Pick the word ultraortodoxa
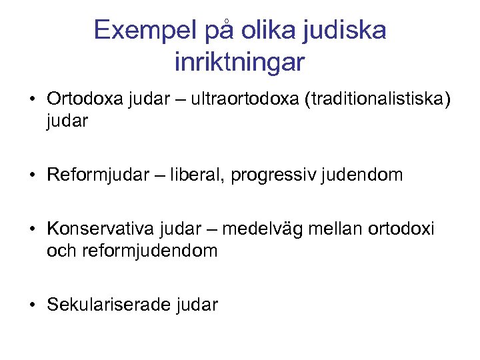tap(243, 100)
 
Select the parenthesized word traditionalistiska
tap(377, 100)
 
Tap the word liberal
tap(197, 175)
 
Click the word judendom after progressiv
tap(365, 175)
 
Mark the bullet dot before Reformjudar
tap(32, 176)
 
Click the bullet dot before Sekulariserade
tap(32, 306)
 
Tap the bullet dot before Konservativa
tap(32, 230)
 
